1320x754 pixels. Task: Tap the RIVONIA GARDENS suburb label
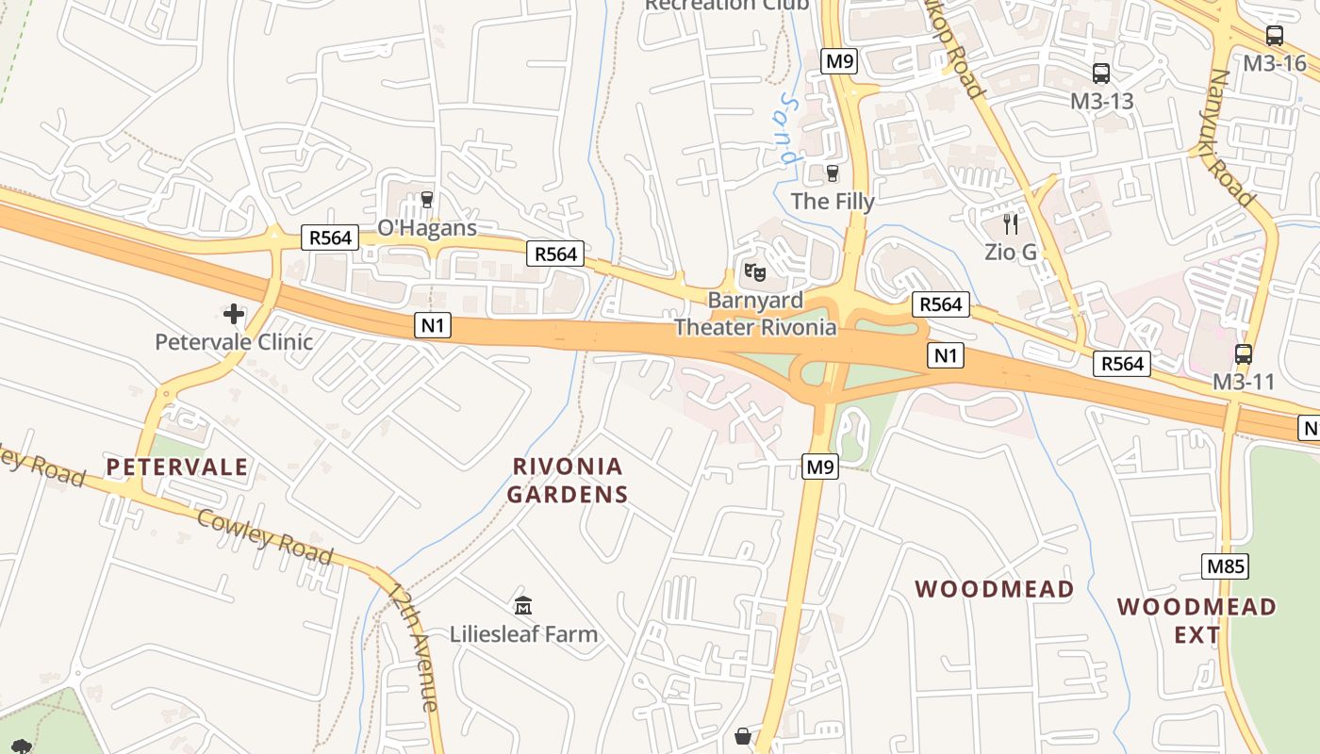click(x=568, y=480)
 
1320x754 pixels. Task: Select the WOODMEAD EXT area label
click(x=1196, y=620)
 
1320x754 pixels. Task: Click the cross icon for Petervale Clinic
click(x=233, y=314)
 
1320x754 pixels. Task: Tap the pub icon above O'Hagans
click(x=427, y=200)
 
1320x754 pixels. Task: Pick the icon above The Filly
click(x=832, y=173)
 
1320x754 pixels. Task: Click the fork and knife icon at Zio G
click(x=1011, y=224)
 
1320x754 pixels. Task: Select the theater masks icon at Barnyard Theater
click(x=754, y=272)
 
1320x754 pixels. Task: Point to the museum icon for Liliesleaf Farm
click(x=523, y=605)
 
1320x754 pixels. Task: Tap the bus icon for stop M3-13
click(x=1100, y=74)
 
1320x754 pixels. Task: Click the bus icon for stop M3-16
click(x=1275, y=37)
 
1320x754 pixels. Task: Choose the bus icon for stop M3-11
click(x=1244, y=354)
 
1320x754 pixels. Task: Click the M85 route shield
click(x=1225, y=566)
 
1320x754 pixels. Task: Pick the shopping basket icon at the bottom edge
click(x=743, y=736)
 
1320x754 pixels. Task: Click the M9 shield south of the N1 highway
click(x=820, y=466)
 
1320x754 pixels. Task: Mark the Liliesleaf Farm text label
click(x=523, y=634)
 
